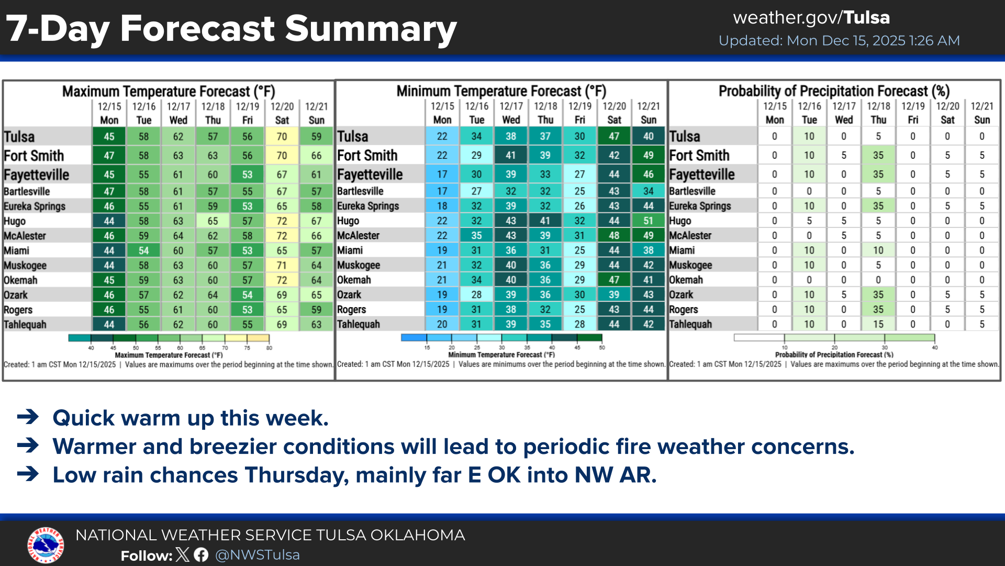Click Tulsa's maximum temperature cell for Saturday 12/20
pyautogui.click(x=282, y=137)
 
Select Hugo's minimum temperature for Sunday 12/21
pyautogui.click(x=648, y=221)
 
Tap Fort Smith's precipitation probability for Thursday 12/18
pyautogui.click(x=878, y=155)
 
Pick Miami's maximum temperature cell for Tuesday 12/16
pyautogui.click(x=143, y=251)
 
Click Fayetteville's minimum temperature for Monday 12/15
pyautogui.click(x=442, y=174)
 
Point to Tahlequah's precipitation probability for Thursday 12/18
pyautogui.click(x=878, y=324)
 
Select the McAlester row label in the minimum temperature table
pyautogui.click(x=359, y=235)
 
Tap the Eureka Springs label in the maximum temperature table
pyautogui.click(x=35, y=206)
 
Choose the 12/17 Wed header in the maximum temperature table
pyautogui.click(x=178, y=113)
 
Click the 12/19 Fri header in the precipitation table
pyautogui.click(x=913, y=113)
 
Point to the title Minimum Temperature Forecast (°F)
pyautogui.click(x=501, y=91)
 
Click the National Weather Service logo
pyautogui.click(x=46, y=545)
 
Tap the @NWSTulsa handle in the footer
pyautogui.click(x=257, y=555)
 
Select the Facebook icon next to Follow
pyautogui.click(x=201, y=554)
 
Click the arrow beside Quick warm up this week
pyautogui.click(x=28, y=417)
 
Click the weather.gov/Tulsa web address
pyautogui.click(x=811, y=18)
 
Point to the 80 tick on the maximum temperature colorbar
pyautogui.click(x=269, y=347)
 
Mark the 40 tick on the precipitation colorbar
pyautogui.click(x=934, y=347)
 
